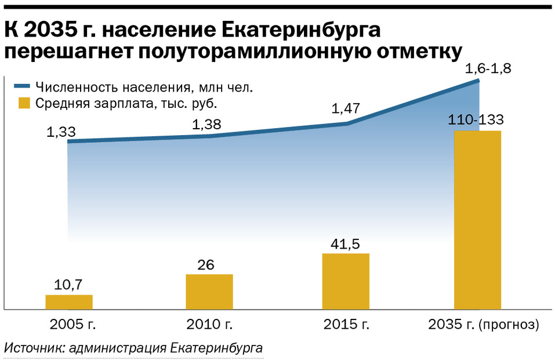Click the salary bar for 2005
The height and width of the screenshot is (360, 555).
coord(69,301)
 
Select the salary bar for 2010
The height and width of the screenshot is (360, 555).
coord(209,291)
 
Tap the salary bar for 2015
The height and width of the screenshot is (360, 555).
coord(346,281)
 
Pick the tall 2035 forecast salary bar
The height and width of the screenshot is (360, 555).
coord(477,220)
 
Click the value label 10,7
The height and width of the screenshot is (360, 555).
coord(68,286)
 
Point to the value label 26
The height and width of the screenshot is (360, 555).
coord(205,265)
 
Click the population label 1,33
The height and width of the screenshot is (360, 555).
coord(61,132)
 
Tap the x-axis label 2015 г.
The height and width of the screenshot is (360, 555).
coord(346,323)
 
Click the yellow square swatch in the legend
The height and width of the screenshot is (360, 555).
coord(24,103)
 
